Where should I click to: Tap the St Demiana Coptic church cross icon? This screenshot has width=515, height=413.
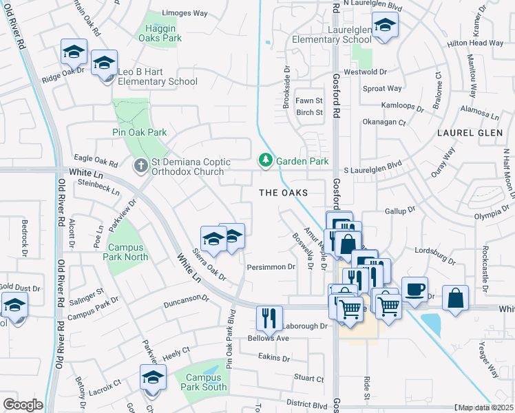click(x=140, y=165)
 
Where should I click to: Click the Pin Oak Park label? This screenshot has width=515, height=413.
click(x=140, y=132)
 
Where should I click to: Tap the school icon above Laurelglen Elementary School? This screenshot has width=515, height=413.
click(x=385, y=27)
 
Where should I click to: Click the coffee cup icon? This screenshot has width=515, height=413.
click(x=414, y=289)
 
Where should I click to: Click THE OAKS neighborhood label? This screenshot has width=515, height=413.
click(x=282, y=193)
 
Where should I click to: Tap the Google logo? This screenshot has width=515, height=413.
click(x=22, y=404)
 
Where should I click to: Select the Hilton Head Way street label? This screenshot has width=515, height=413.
click(x=475, y=43)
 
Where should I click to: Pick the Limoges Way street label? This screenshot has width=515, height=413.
click(x=184, y=13)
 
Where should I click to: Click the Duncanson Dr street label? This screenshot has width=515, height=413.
click(x=185, y=301)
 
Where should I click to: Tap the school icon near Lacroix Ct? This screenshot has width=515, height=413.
click(x=153, y=377)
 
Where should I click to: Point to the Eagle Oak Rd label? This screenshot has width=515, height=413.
click(x=87, y=158)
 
